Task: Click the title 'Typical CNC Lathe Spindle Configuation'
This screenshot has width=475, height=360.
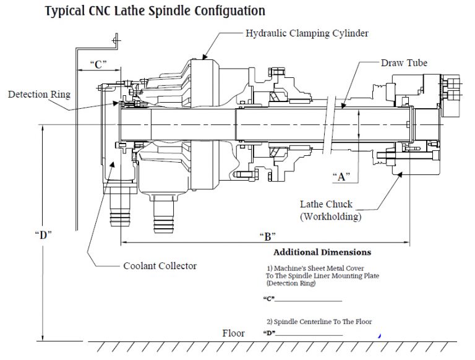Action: click(x=155, y=11)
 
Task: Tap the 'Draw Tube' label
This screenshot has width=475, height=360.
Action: click(x=404, y=63)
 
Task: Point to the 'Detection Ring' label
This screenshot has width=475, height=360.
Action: click(x=39, y=95)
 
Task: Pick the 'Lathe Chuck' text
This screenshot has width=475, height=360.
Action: click(x=326, y=204)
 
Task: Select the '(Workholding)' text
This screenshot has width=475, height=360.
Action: click(x=330, y=216)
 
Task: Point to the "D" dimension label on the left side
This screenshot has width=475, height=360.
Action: click(x=43, y=234)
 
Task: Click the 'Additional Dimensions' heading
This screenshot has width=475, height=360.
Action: click(x=322, y=252)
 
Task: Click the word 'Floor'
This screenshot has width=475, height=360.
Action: click(x=233, y=333)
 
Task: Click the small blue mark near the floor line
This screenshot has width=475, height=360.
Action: click(x=379, y=335)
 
